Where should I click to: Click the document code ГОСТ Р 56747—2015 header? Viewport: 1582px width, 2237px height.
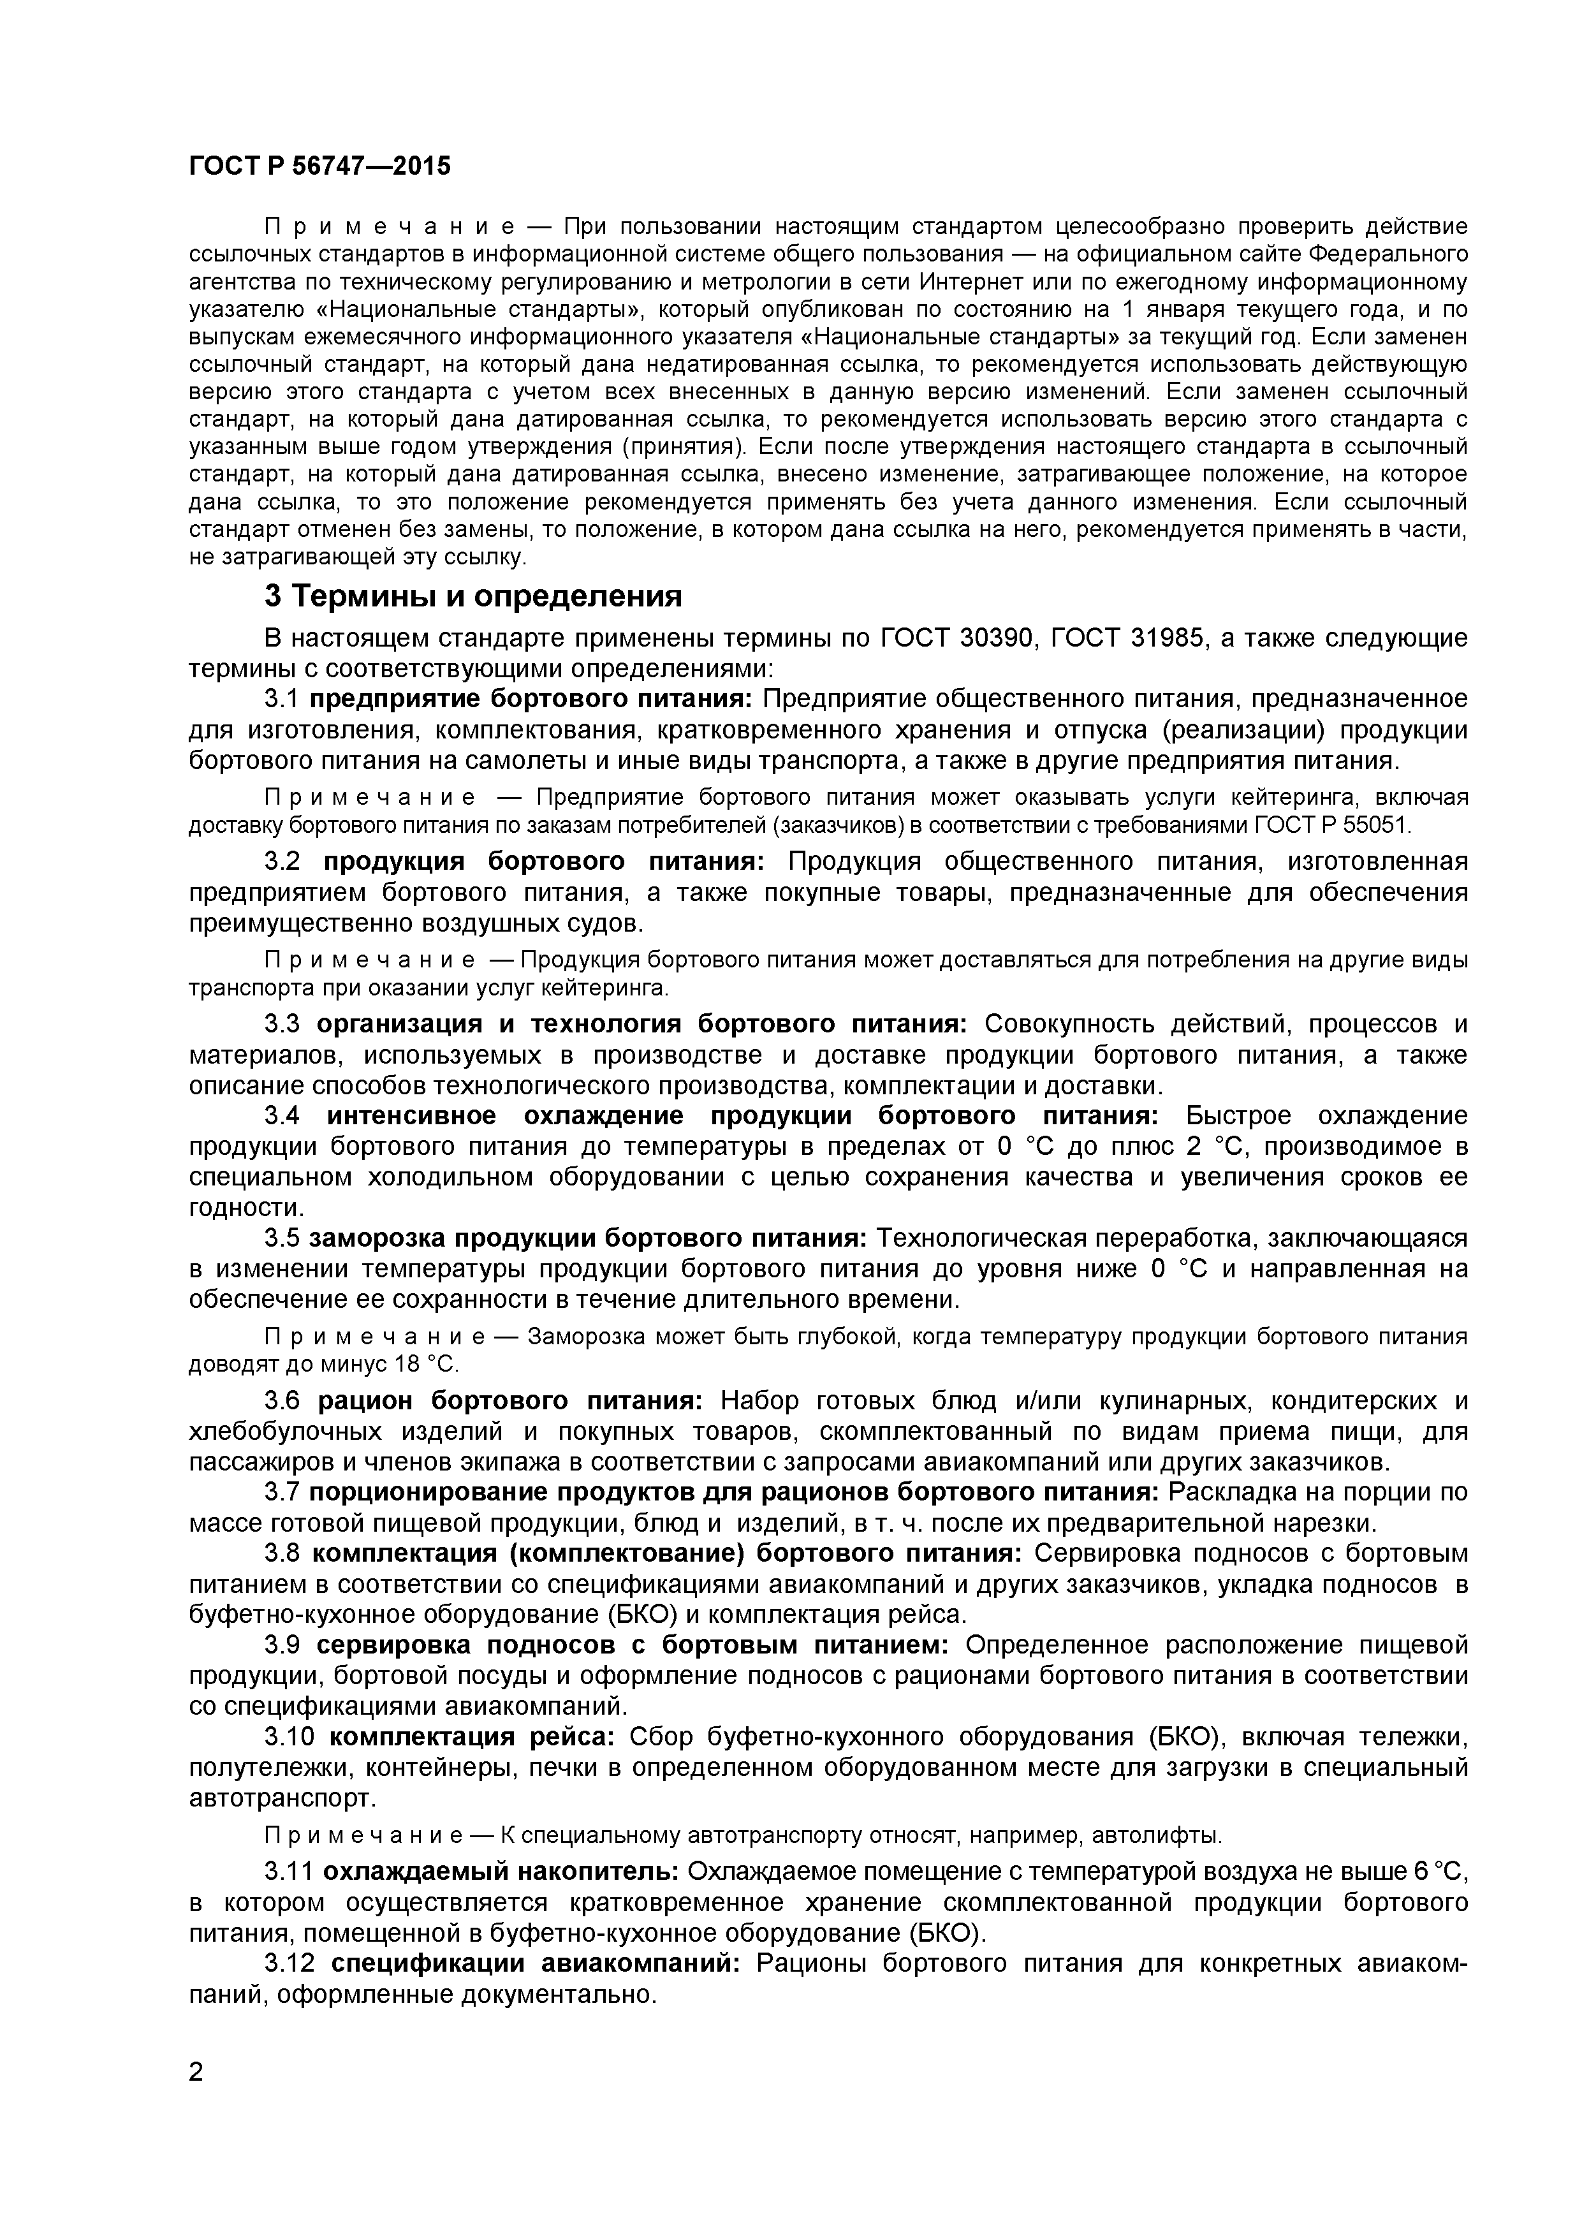click(319, 166)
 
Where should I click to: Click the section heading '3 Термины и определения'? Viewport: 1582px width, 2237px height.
click(473, 596)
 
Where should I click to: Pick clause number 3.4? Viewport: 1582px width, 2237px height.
click(284, 1115)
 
